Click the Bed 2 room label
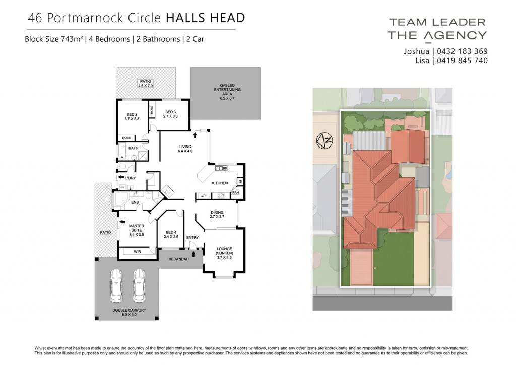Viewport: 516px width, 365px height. click(x=132, y=117)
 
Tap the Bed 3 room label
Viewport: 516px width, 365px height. click(x=170, y=114)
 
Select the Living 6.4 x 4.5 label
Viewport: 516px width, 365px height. click(x=185, y=149)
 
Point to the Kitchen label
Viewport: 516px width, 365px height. click(x=220, y=183)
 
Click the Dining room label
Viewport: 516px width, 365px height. click(x=217, y=215)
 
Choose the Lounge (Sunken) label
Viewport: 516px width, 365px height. click(x=224, y=253)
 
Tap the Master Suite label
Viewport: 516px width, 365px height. click(x=137, y=230)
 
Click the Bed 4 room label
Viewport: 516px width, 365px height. click(x=171, y=234)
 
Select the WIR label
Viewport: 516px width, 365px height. click(x=137, y=252)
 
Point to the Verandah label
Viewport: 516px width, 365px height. click(x=179, y=259)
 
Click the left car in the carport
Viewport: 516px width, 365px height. click(x=116, y=285)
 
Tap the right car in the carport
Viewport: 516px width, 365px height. click(x=139, y=285)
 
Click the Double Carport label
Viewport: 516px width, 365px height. click(x=129, y=312)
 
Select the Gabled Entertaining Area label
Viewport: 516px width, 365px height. click(x=227, y=92)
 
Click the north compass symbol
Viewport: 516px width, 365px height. click(x=325, y=141)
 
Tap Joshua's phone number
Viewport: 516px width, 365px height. click(x=463, y=51)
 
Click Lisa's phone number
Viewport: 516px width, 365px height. click(x=463, y=61)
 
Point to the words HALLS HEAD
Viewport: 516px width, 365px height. click(x=206, y=18)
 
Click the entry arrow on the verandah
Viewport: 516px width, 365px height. click(x=193, y=254)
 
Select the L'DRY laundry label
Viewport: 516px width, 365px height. click(x=131, y=178)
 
